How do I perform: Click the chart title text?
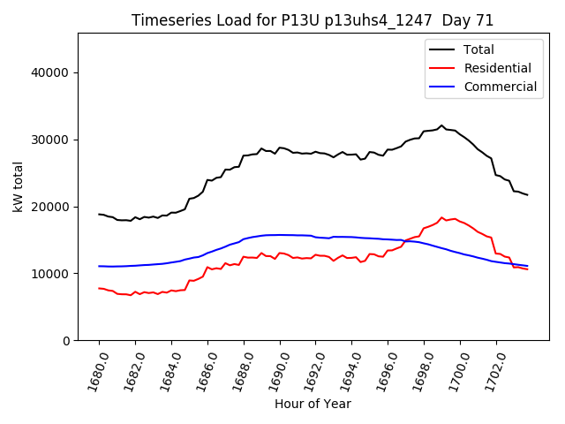(313, 20)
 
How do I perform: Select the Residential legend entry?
(497, 68)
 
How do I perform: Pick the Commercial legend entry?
(500, 87)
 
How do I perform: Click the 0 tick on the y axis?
(65, 341)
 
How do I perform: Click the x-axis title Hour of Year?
(313, 404)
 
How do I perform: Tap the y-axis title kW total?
(18, 187)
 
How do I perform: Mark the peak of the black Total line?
(442, 125)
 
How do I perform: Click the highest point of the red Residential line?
(442, 217)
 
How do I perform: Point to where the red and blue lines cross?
(405, 240)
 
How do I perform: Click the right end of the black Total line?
(527, 194)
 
